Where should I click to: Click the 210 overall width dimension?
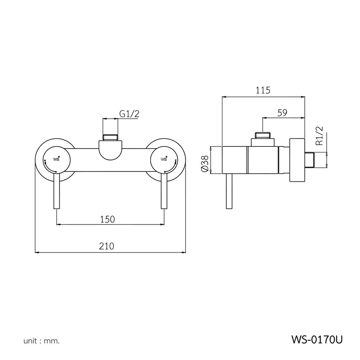107,246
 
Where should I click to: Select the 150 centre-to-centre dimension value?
107,219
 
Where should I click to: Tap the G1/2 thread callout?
129,114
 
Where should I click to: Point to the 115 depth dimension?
263,90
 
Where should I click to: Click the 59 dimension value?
282,113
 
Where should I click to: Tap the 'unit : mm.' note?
41,340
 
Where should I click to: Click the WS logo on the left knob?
57,159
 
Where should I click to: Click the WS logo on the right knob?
164,159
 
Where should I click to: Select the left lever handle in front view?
56,193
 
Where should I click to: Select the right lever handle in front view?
164,193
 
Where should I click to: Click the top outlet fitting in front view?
110,137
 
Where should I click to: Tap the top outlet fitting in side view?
263,136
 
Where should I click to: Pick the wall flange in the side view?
297,161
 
